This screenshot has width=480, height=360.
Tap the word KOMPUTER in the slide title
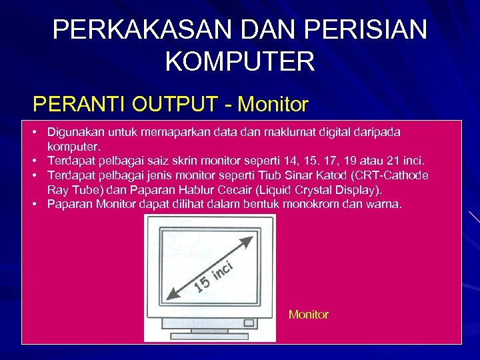pos(239,61)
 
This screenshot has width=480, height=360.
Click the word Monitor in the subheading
pos(273,105)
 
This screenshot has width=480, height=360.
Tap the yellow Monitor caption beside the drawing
pos(308,314)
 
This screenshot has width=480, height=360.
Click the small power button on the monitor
pos(249,323)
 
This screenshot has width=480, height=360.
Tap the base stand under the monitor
pos(211,336)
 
